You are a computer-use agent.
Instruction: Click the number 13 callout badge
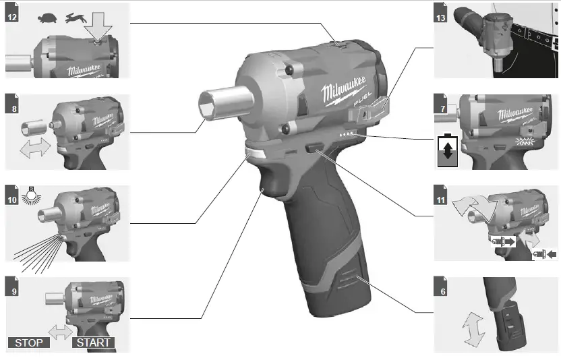coord(441,16)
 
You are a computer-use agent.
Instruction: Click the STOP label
coord(29,342)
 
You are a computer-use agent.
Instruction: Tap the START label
coord(94,342)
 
